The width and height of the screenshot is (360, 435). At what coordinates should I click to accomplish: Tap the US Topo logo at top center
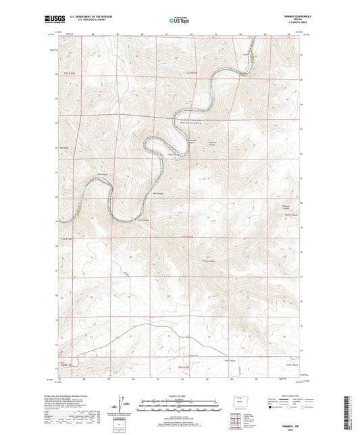(x=178, y=21)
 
